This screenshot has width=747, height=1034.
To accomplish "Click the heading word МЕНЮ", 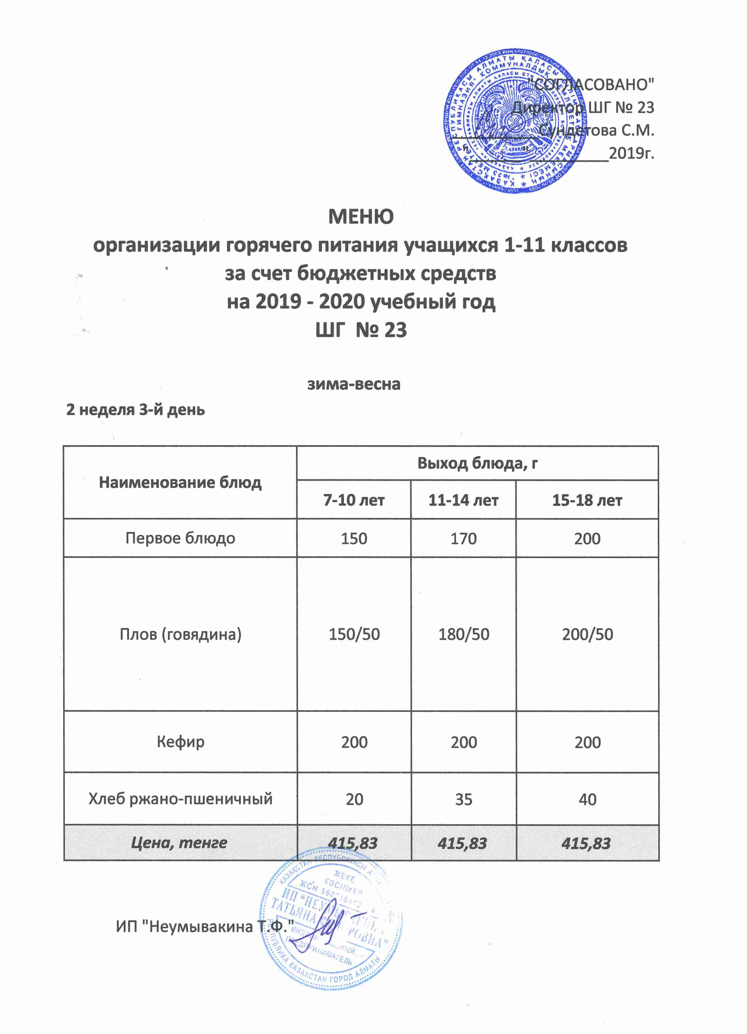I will click(360, 217).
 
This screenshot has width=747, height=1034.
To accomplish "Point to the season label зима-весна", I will click(354, 384).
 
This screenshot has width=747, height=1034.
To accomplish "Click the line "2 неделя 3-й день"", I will click(136, 410).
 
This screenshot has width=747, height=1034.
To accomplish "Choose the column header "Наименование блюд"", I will click(180, 482).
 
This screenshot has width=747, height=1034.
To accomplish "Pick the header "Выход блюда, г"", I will click(477, 463).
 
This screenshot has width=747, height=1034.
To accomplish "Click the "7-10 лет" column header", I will click(354, 500).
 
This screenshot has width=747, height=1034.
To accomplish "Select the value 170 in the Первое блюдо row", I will click(463, 538).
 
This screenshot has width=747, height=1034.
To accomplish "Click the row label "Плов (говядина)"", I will click(180, 634).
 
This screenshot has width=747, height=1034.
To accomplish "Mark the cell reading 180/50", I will click(463, 634).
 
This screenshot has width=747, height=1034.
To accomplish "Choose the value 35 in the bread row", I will click(463, 799).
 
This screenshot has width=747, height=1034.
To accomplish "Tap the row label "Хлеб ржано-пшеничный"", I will click(180, 799).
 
